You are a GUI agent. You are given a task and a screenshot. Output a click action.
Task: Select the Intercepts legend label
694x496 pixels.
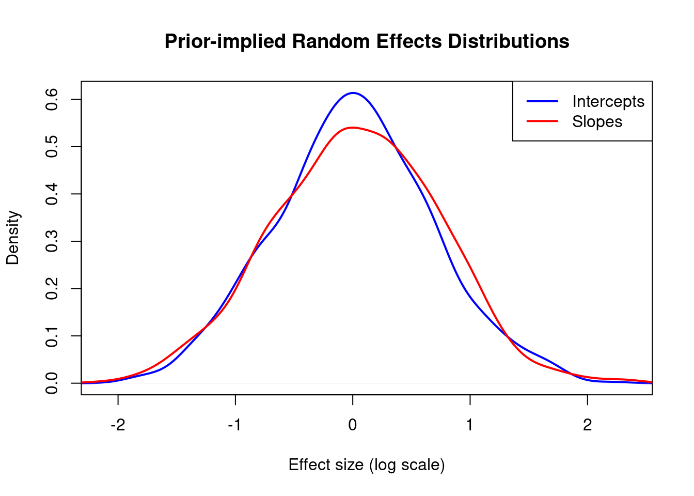608,101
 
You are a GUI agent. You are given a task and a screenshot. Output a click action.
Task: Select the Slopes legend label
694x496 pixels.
597,122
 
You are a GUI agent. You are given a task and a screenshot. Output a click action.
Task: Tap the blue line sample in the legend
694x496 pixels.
542,101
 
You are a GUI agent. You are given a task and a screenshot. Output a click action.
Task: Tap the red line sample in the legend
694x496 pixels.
542,121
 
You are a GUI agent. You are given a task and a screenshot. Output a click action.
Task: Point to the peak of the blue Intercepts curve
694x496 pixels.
353,93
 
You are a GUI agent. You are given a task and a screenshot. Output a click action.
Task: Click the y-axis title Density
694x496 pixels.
12,238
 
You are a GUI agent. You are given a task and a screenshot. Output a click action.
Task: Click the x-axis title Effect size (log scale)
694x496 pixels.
367,465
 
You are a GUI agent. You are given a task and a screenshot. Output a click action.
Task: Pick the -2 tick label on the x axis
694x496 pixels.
118,425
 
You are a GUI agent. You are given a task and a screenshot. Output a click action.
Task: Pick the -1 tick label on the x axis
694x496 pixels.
235,425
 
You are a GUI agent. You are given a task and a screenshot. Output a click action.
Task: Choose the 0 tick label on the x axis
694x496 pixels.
353,425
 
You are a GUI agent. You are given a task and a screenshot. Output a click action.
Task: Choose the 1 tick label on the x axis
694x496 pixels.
470,425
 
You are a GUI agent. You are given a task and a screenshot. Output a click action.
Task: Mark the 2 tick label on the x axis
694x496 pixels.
587,425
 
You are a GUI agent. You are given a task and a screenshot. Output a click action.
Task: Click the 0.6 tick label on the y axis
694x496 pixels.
52,99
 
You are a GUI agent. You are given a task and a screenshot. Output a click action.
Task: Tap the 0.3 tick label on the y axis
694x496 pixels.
52,241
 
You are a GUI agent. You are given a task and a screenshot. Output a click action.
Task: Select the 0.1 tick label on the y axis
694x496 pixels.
52,336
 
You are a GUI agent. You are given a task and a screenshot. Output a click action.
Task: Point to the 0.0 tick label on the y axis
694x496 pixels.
52,383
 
